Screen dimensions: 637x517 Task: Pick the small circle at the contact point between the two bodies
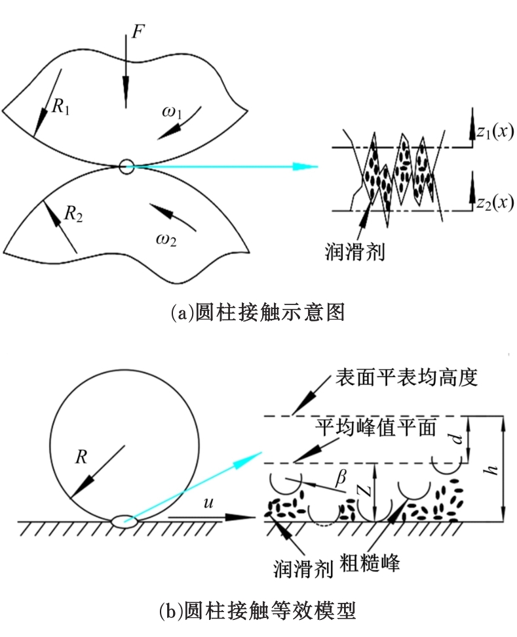tap(126, 166)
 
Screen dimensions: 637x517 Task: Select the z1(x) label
tap(494, 132)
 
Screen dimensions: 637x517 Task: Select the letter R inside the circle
tap(83, 457)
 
